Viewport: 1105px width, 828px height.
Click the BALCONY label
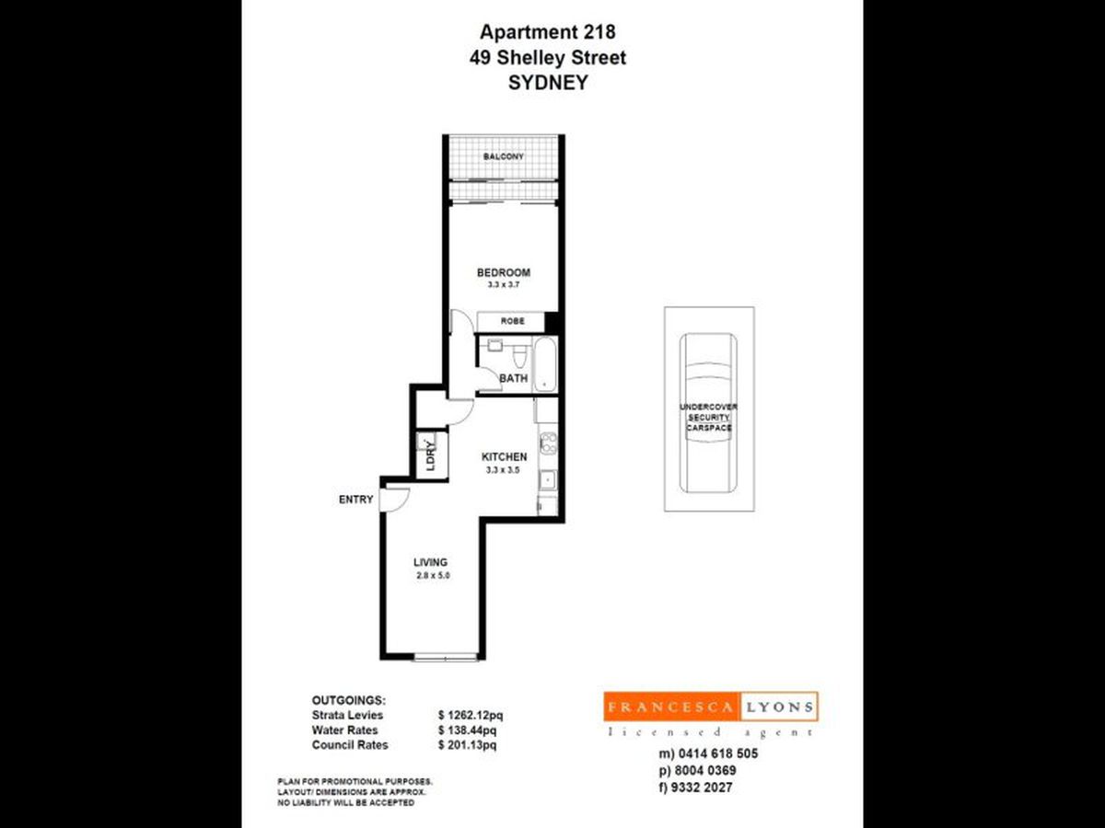click(504, 157)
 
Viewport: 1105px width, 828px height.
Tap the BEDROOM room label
click(504, 272)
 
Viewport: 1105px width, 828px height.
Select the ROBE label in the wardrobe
click(512, 322)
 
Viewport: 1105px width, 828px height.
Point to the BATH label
click(513, 378)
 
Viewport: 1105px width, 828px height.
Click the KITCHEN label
click(505, 457)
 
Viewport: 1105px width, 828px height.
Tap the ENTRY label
click(356, 500)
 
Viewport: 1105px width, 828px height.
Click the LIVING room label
click(430, 562)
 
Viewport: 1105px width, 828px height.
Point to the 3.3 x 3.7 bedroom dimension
click(504, 285)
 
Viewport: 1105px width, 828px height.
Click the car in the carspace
click(709, 414)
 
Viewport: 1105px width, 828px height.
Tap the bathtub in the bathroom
click(545, 364)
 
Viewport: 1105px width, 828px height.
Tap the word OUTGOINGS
click(349, 700)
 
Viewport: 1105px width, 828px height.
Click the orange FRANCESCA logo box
click(670, 707)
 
